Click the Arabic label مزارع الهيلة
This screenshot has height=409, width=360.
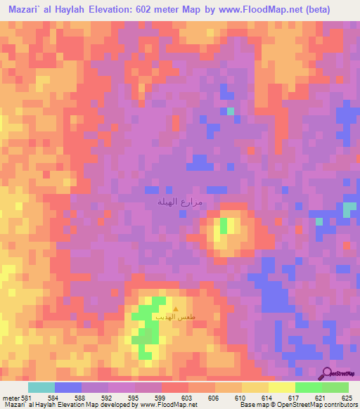[x=179, y=201]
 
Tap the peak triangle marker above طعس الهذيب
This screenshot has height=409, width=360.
[x=176, y=309]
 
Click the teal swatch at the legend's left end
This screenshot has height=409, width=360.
[x=41, y=387]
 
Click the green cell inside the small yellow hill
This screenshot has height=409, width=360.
[x=224, y=226]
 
